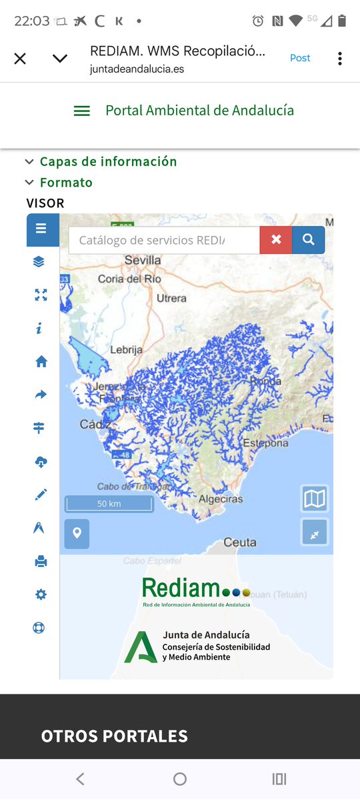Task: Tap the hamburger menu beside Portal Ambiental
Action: pyautogui.click(x=81, y=111)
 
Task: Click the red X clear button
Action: pyautogui.click(x=276, y=240)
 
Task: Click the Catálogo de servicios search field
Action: pyautogui.click(x=164, y=240)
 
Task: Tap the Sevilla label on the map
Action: pyautogui.click(x=143, y=260)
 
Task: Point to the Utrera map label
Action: pyautogui.click(x=171, y=299)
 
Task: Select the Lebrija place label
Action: pyautogui.click(x=127, y=349)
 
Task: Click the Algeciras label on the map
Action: pyautogui.click(x=221, y=498)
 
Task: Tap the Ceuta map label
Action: pyautogui.click(x=240, y=542)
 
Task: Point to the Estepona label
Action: pyautogui.click(x=265, y=443)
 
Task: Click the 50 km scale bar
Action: pyautogui.click(x=109, y=504)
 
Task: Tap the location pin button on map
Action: pyautogui.click(x=77, y=533)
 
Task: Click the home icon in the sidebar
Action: pyautogui.click(x=41, y=362)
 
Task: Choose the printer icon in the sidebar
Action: pyautogui.click(x=41, y=562)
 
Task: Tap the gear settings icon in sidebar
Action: pyautogui.click(x=41, y=594)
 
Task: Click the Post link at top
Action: pyautogui.click(x=300, y=58)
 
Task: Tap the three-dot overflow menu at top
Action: pyautogui.click(x=339, y=59)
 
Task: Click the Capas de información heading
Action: pyautogui.click(x=108, y=162)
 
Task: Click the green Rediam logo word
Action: pyautogui.click(x=181, y=588)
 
